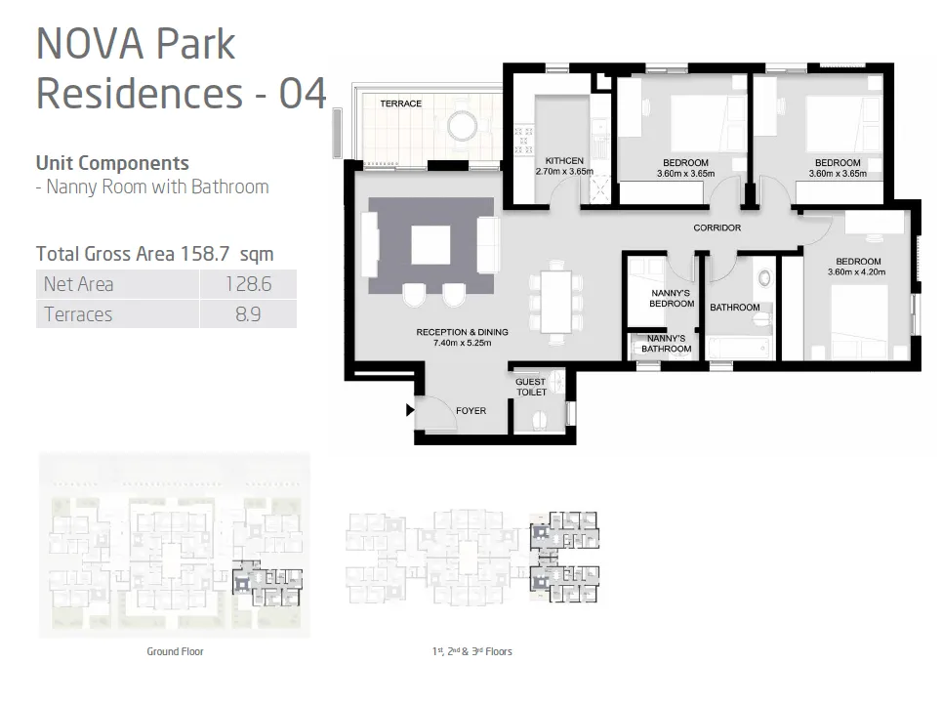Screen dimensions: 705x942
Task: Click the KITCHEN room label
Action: pos(564,161)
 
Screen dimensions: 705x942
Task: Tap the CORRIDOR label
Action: pos(717,228)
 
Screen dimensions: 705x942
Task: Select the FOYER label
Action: pos(471,411)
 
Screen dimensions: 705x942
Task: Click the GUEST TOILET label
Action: pos(531,387)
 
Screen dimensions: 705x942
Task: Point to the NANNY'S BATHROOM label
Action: pos(667,344)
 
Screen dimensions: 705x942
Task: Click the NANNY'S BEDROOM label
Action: pos(672,298)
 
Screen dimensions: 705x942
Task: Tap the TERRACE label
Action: pos(400,104)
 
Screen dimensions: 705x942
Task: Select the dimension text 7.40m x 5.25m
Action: pos(462,343)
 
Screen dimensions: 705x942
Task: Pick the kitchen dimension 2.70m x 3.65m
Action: pos(564,172)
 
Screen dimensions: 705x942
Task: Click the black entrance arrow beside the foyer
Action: pos(410,410)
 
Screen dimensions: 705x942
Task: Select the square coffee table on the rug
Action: pos(430,244)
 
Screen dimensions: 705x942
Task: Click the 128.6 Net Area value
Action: pos(247,284)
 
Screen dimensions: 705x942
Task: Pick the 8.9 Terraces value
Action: pos(247,314)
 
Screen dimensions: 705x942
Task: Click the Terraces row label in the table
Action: pos(78,314)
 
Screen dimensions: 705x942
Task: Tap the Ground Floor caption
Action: pos(175,651)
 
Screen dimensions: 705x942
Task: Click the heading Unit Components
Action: pos(112,163)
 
